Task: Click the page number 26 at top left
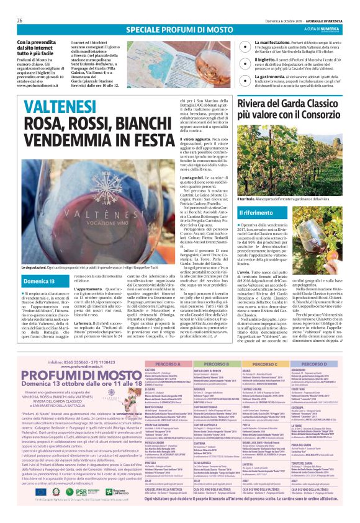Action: pos(19,20)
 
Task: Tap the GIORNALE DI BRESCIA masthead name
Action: pos(323,20)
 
